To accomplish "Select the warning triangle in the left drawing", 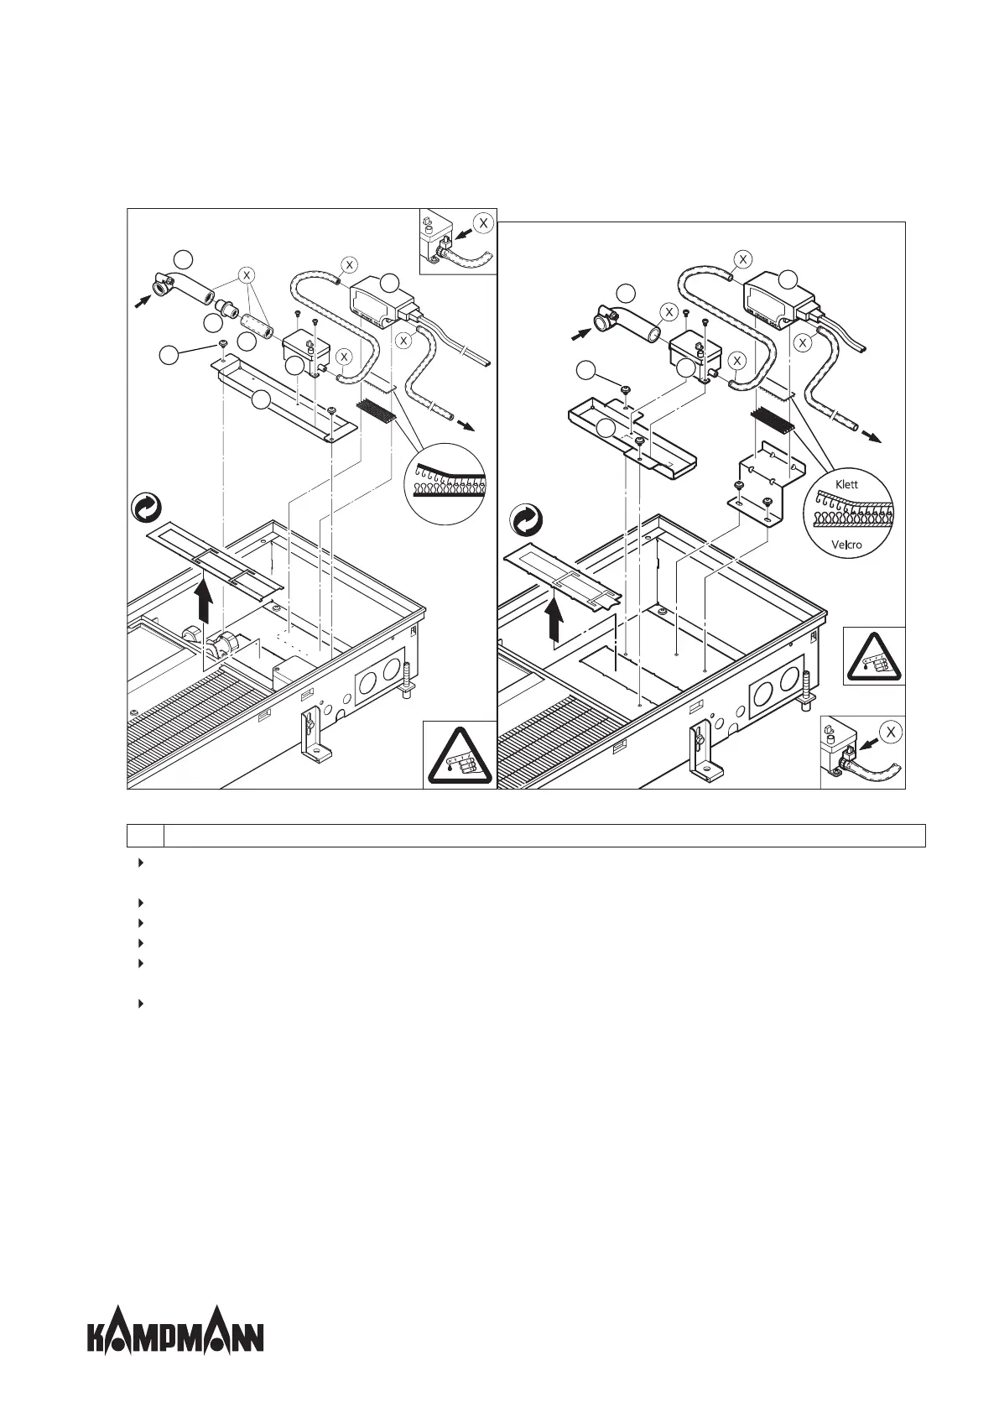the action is pyautogui.click(x=458, y=755).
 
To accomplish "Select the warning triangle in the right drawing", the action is pyautogui.click(x=874, y=656).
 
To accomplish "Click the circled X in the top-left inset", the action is pyautogui.click(x=482, y=223).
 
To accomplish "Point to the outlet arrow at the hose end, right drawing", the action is pyautogui.click(x=872, y=437).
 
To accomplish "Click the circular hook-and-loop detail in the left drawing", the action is pyautogui.click(x=445, y=482).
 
